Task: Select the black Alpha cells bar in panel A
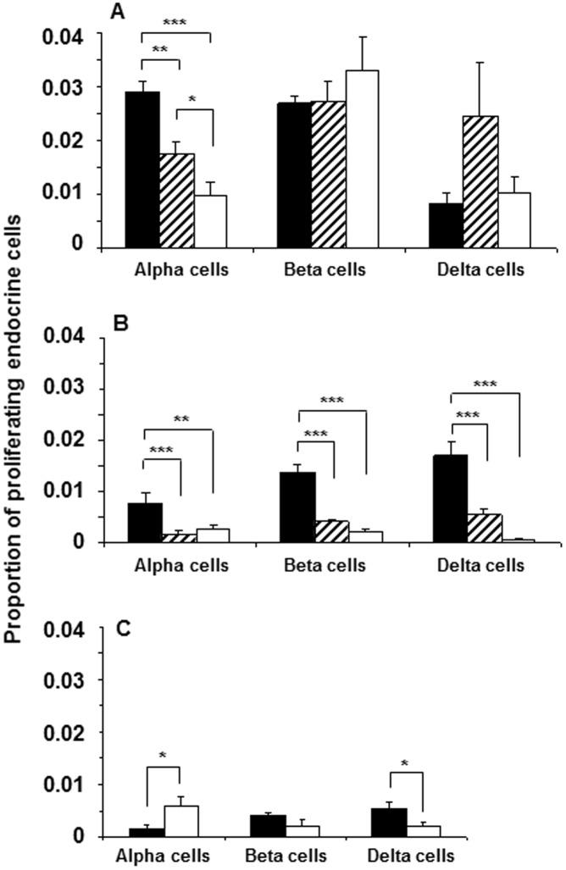tap(142, 169)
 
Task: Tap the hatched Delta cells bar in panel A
tap(480, 182)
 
